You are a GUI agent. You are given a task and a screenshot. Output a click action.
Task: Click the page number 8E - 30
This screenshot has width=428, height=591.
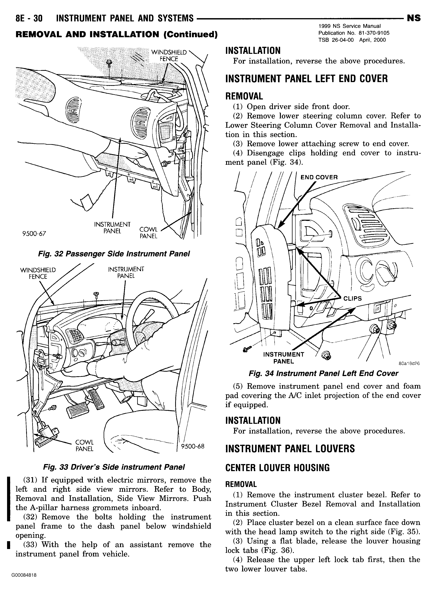click(29, 18)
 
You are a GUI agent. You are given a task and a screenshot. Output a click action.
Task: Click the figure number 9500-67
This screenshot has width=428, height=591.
click(34, 233)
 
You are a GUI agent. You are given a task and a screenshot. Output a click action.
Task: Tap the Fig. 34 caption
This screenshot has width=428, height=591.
click(323, 373)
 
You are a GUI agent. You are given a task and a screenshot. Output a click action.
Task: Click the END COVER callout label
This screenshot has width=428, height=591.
click(319, 178)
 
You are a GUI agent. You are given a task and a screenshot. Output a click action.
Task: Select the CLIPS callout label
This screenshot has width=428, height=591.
click(352, 298)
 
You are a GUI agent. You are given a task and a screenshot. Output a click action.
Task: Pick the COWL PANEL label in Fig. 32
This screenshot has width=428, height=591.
click(148, 233)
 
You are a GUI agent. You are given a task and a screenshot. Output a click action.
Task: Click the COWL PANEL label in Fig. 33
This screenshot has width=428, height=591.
click(84, 446)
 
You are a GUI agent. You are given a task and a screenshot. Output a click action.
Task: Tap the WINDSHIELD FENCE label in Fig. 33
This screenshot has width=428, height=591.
click(38, 273)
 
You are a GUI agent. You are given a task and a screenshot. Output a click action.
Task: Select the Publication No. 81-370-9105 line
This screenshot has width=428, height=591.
click(354, 33)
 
